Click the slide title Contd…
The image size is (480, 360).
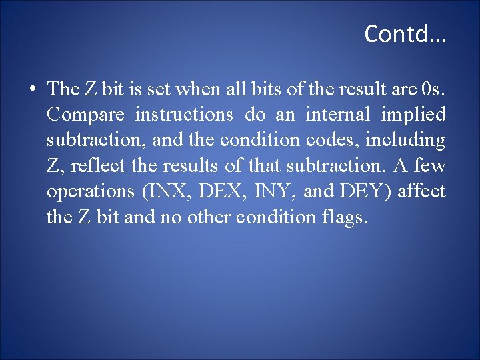click(x=405, y=33)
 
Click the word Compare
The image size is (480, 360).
click(x=85, y=115)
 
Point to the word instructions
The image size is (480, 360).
click(x=184, y=115)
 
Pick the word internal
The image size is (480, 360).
click(x=337, y=115)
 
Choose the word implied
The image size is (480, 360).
click(x=413, y=115)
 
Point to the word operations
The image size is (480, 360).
click(x=90, y=192)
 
